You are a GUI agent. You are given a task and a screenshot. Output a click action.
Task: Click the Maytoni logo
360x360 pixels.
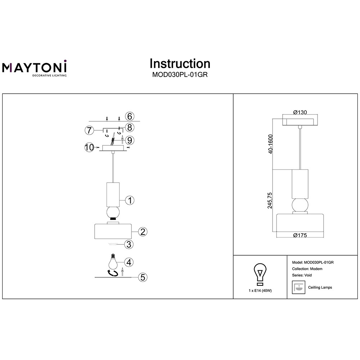35,68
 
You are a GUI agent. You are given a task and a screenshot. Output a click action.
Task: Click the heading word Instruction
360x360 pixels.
180,64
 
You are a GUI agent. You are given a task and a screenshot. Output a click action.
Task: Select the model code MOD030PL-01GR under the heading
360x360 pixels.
180,75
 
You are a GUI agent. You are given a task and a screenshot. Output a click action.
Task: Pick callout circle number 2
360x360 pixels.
143,231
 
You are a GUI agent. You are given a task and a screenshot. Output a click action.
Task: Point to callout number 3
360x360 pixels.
129,244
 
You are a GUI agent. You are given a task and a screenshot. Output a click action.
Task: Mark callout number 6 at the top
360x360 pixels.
130,116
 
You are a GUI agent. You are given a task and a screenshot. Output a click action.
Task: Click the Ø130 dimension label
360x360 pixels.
300,112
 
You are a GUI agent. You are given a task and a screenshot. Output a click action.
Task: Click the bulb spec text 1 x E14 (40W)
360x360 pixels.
260,291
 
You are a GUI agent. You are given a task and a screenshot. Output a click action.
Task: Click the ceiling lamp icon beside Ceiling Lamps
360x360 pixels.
297,287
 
